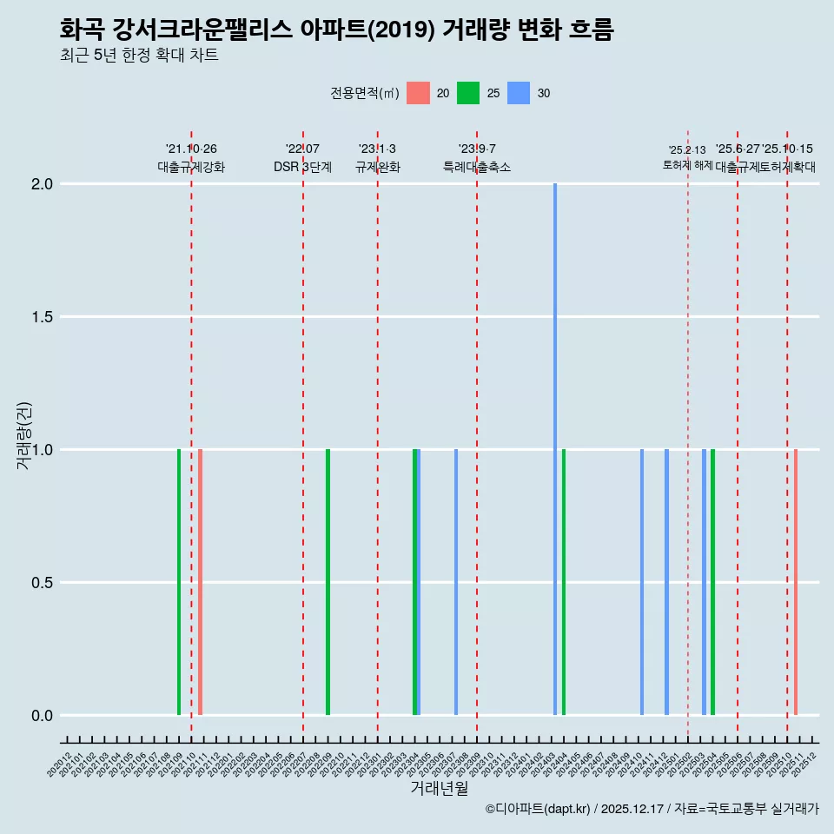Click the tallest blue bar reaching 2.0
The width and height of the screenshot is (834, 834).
[555, 448]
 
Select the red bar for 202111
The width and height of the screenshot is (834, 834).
[200, 582]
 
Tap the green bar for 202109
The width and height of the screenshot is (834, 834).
[179, 582]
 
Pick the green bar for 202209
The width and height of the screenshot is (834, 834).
[328, 582]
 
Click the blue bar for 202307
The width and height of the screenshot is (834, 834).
[456, 582]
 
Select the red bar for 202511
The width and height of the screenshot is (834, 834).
[796, 582]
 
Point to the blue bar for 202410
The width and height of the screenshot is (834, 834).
[642, 582]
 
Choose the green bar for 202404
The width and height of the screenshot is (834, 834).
[564, 582]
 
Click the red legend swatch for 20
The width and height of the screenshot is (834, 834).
[418, 93]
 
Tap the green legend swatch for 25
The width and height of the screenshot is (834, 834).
[468, 93]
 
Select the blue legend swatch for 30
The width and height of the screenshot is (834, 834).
[519, 93]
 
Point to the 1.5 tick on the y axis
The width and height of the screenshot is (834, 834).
[42, 317]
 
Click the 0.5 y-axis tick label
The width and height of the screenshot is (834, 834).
[42, 583]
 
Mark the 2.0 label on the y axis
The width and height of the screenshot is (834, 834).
[42, 184]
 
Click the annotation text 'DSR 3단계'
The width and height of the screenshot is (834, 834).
[302, 167]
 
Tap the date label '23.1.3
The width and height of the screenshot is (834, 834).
[377, 149]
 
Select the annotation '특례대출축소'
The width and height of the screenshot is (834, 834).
[477, 167]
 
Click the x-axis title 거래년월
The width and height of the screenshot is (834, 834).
[439, 789]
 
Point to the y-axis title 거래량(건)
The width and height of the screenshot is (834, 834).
[23, 435]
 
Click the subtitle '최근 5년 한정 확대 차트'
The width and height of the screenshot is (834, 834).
[139, 56]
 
